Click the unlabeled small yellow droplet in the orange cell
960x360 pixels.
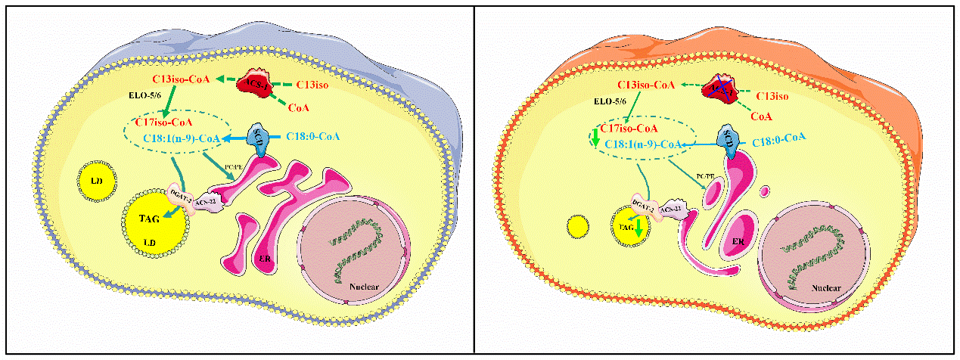577,226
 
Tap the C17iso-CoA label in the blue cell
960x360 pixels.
163,122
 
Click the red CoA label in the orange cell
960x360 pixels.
762,116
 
